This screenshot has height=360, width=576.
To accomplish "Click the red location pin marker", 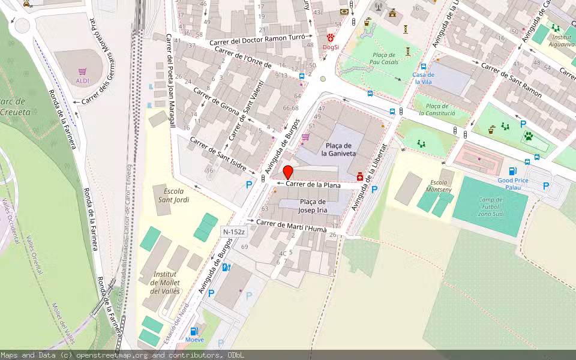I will click(288, 172).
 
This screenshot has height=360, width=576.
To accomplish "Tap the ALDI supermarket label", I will click(83, 80).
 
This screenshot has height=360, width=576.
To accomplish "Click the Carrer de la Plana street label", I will click(313, 185).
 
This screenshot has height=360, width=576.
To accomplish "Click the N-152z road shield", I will click(234, 232).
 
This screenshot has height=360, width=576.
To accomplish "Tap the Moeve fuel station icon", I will click(194, 331).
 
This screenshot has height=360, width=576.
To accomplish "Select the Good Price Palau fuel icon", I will click(512, 171).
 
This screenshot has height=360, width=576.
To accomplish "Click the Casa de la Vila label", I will click(423, 78).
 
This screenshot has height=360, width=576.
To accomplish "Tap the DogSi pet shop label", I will click(330, 46).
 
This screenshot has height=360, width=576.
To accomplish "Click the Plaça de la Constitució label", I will click(437, 109).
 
